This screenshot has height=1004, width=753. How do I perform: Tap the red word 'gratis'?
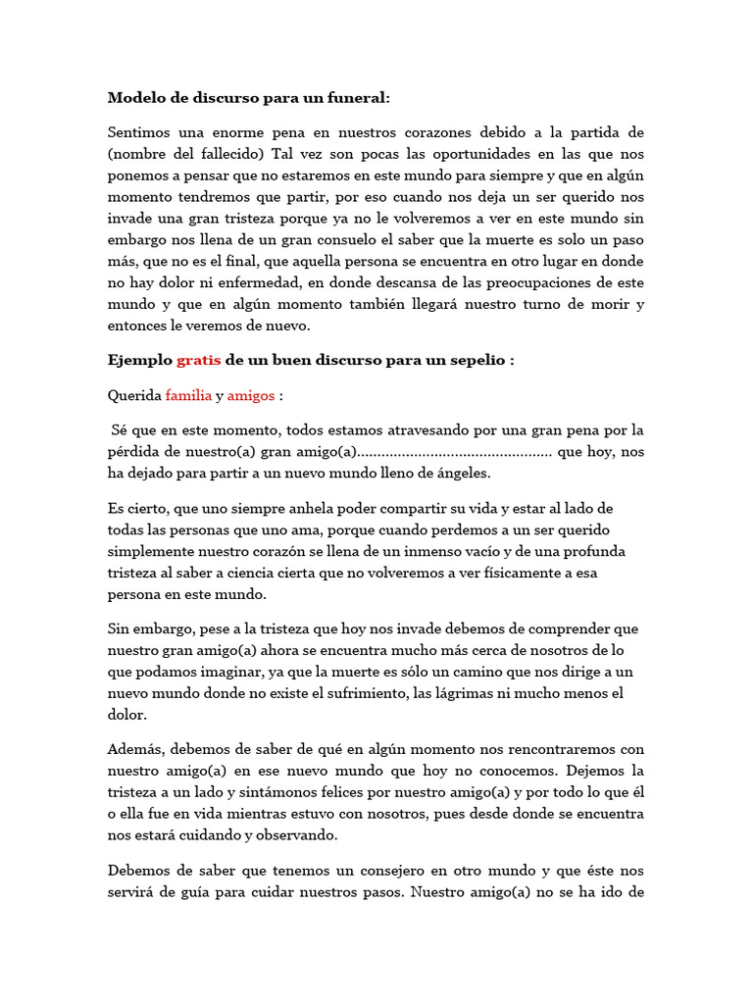pyautogui.click(x=198, y=360)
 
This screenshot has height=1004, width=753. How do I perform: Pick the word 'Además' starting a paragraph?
pyautogui.click(x=135, y=750)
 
